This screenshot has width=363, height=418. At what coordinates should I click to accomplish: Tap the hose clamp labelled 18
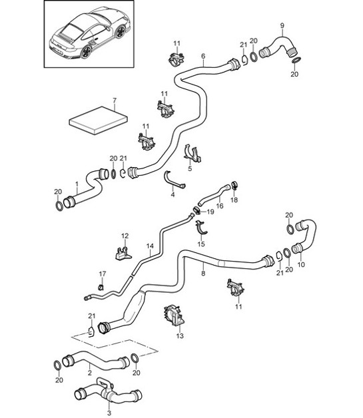coord(234,187)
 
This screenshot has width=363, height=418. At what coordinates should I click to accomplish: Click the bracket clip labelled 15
coord(204,230)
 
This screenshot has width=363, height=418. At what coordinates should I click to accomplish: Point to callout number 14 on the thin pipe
coord(150,246)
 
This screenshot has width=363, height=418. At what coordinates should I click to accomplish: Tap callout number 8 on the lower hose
coord(202,272)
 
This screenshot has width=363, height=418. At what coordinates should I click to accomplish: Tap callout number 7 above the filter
coord(114,101)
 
